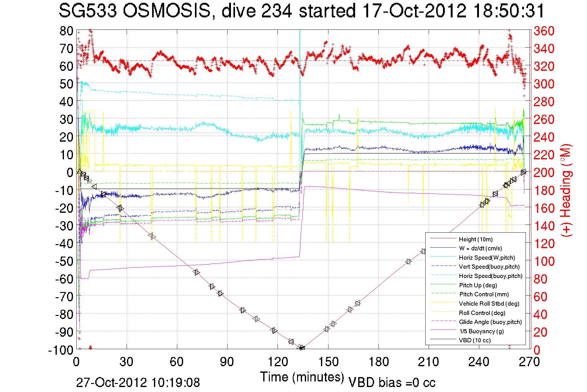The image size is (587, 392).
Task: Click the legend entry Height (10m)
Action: pyautogui.click(x=476, y=239)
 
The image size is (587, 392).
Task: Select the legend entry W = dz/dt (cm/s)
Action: pyautogui.click(x=480, y=248)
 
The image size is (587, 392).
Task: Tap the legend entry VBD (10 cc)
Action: pyautogui.click(x=475, y=340)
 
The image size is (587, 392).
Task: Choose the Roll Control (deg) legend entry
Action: pyautogui.click(x=482, y=313)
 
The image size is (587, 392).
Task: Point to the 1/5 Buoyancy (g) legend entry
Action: pyautogui.click(x=481, y=331)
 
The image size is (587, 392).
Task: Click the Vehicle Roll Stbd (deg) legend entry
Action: pyautogui.click(x=489, y=303)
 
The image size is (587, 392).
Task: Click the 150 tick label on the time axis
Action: pyautogui.click(x=328, y=362)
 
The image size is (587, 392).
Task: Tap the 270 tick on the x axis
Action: pyautogui.click(x=529, y=362)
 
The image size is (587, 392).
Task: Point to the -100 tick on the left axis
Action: pyautogui.click(x=61, y=350)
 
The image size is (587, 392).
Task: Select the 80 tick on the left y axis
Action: pyautogui.click(x=66, y=31)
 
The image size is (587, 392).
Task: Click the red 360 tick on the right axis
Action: pyautogui.click(x=544, y=31)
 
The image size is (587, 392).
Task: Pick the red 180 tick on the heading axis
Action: pyautogui.click(x=544, y=190)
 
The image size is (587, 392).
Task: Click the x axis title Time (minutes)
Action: pyautogui.click(x=302, y=377)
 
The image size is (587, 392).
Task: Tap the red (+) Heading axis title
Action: pyautogui.click(x=566, y=190)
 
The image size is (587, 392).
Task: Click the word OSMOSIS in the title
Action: pyautogui.click(x=167, y=11)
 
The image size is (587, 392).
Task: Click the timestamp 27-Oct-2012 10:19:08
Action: pyautogui.click(x=138, y=382)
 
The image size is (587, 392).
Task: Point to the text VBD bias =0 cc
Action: pyautogui.click(x=392, y=382)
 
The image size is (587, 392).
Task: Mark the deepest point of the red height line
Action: pyautogui.click(x=301, y=348)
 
